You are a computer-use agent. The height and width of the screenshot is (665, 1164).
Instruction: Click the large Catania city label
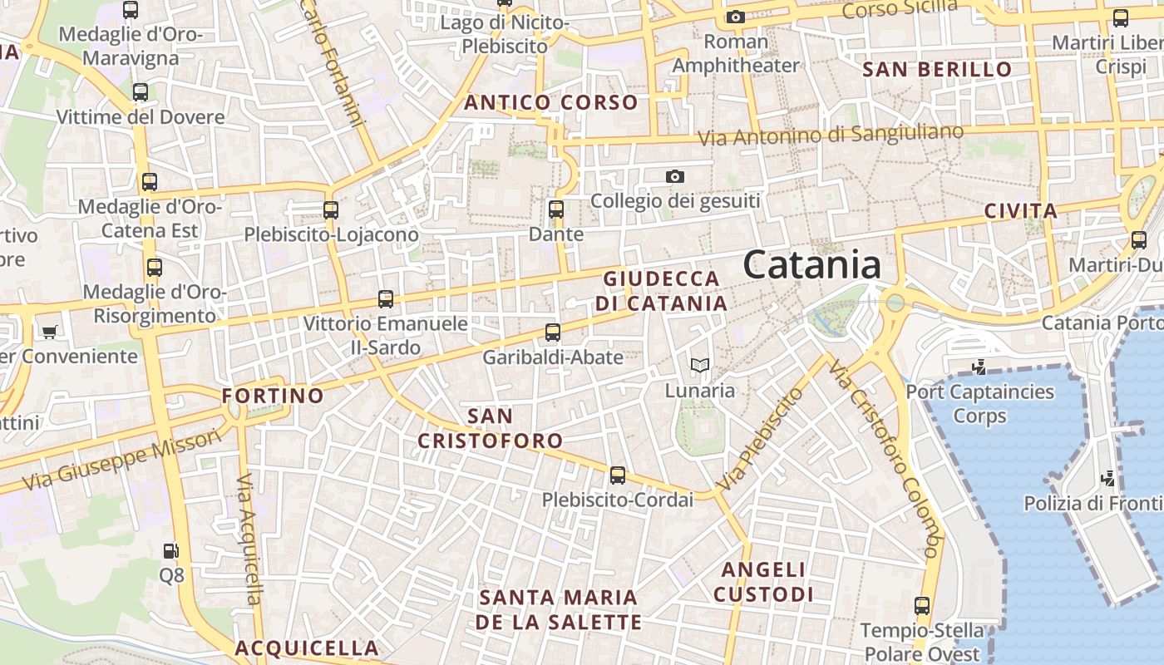click(811, 265)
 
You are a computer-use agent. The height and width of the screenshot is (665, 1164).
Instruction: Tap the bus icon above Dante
click(556, 209)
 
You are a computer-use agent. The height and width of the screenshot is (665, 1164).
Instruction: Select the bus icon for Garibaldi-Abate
click(553, 332)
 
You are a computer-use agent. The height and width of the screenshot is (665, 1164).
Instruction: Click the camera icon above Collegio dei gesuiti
click(675, 176)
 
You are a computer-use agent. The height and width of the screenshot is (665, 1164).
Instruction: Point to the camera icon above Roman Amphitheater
click(735, 17)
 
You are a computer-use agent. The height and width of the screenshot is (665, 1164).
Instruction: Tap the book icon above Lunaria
click(700, 365)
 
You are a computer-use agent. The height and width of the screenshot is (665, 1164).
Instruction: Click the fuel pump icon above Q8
click(170, 550)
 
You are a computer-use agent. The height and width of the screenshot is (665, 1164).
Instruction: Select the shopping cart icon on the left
click(50, 332)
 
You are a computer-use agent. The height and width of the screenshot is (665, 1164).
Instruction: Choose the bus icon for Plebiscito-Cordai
click(617, 475)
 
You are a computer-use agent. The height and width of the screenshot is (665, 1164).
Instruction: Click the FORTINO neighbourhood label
click(273, 396)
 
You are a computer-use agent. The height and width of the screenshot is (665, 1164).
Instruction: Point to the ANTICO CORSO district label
click(551, 103)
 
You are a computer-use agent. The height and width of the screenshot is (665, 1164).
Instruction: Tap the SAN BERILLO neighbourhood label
click(937, 69)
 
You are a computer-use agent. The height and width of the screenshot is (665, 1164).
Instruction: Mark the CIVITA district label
click(1021, 211)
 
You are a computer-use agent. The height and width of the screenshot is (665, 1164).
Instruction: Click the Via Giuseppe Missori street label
click(123, 460)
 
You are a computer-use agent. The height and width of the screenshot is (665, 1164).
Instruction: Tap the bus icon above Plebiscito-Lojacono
click(331, 210)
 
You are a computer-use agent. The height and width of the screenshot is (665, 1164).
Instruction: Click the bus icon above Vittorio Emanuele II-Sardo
click(385, 298)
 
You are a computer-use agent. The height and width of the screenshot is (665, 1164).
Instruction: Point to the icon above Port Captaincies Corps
click(979, 367)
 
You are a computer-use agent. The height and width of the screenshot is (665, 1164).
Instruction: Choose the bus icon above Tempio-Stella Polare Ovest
click(921, 606)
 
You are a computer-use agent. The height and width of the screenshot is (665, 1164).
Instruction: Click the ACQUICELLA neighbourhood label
click(307, 648)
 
